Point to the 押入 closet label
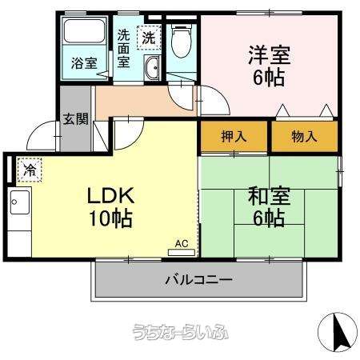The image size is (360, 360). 234,136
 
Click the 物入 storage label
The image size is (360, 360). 304,136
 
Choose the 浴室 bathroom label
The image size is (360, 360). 82,63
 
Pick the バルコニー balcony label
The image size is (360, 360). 199,280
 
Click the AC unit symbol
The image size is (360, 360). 182,246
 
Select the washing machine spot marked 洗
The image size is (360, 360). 149,37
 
